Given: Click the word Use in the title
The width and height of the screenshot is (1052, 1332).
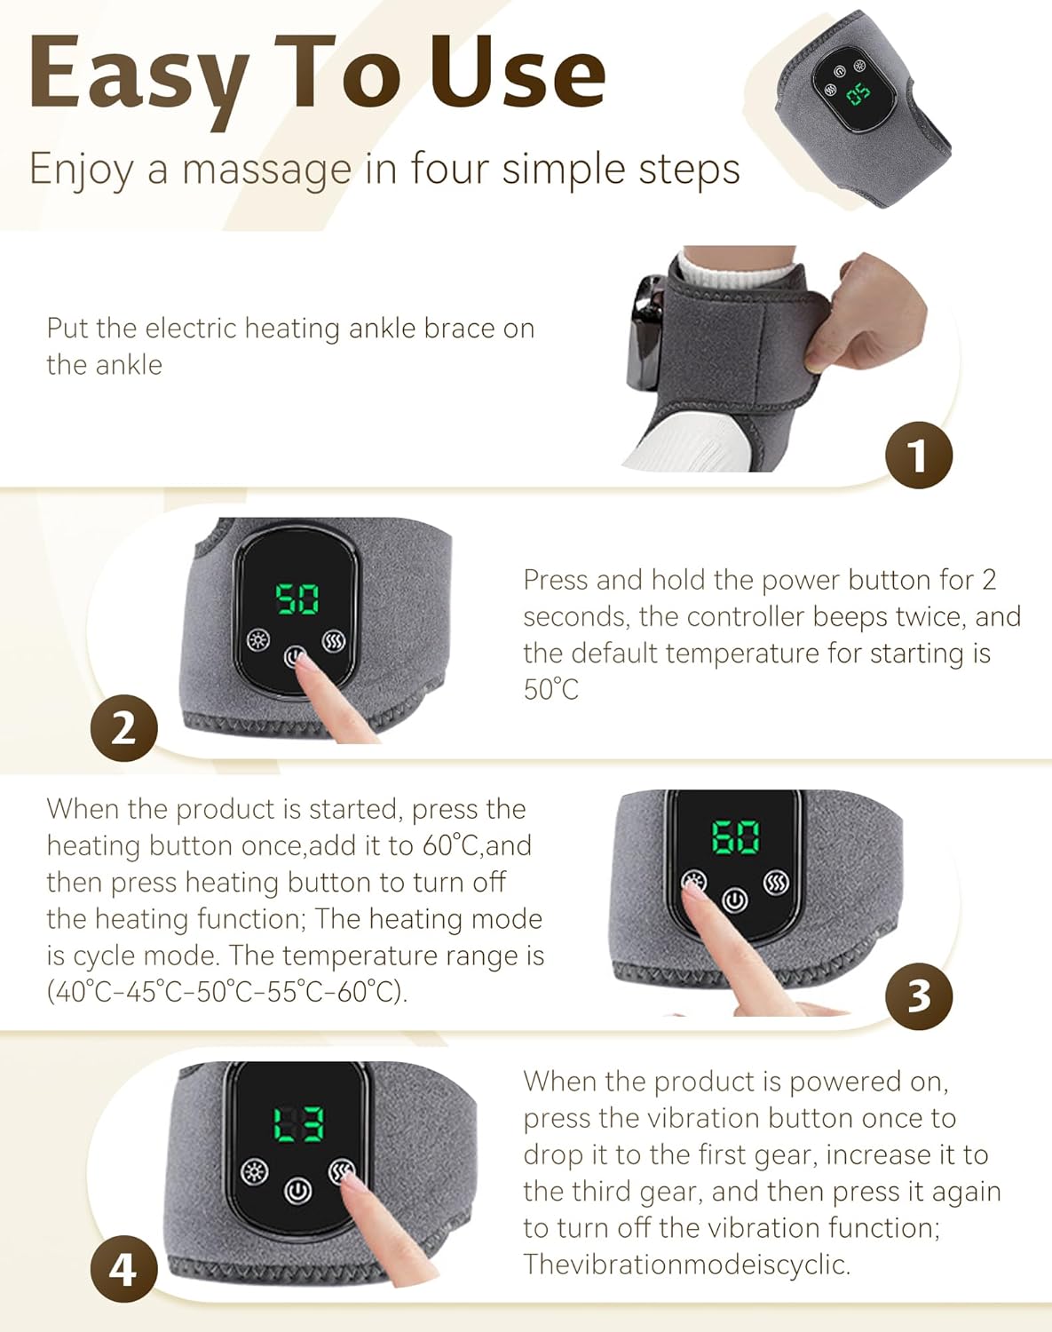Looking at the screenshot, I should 518,73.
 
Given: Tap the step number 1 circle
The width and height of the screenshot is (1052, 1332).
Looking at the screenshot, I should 919,456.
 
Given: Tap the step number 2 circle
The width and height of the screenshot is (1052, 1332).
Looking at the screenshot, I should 123,728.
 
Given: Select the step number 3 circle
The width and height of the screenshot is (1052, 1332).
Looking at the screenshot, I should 919,996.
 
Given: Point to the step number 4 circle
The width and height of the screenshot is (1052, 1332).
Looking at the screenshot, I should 123,1269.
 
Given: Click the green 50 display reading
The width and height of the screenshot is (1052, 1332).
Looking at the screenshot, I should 297,599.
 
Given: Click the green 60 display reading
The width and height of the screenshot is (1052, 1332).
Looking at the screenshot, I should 735,836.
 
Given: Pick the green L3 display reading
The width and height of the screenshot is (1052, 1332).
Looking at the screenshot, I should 297,1124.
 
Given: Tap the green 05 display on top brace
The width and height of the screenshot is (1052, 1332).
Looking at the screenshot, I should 858,94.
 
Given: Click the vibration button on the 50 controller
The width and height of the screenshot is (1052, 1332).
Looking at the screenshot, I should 334,641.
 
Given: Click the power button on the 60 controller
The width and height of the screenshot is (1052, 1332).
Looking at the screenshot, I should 733,900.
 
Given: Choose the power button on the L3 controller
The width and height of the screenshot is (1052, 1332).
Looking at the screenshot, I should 297,1190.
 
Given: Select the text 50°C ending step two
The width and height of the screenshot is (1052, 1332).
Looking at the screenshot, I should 550,690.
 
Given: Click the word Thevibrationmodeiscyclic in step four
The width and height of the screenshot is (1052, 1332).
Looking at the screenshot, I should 685,1264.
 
